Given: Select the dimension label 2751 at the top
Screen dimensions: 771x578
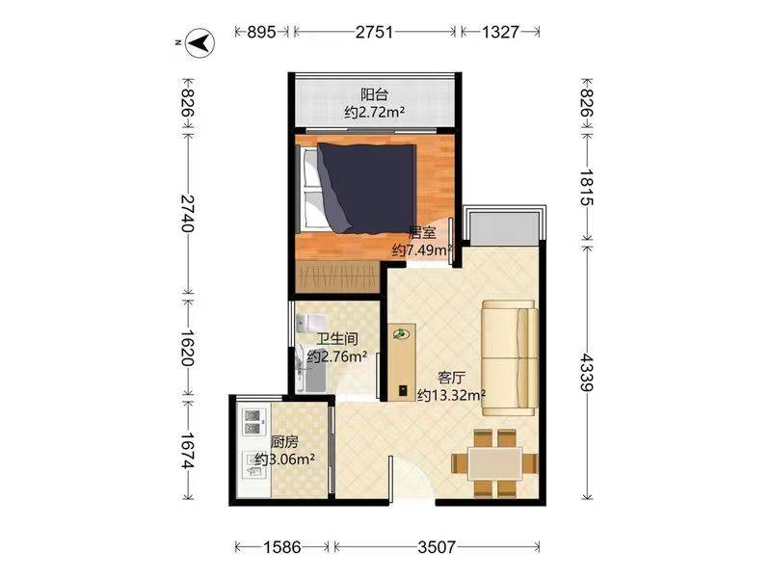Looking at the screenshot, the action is coord(375,32).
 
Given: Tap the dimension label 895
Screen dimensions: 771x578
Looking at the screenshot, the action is coord(261,32).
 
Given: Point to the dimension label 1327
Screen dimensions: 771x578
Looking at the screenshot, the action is coord(500,32).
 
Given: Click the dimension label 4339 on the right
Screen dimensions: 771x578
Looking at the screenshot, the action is coord(587,372).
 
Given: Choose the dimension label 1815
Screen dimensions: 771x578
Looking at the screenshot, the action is coord(587,187).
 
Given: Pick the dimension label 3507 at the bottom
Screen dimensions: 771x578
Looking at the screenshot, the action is coord(438,546).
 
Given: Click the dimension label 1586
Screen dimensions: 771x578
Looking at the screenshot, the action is coord(282,546).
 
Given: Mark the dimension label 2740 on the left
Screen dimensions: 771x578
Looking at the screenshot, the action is coord(187,213).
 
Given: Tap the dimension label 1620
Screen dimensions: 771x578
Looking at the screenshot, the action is coord(187,348).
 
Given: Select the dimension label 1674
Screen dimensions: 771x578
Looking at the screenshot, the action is coord(187,450).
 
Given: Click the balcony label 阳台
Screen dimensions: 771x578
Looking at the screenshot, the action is coord(374,94).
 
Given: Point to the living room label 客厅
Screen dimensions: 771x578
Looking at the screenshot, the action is coord(451,378).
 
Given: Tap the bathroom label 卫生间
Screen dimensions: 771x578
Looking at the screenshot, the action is coord(336,339).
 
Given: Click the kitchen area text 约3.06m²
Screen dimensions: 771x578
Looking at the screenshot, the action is coord(285,460).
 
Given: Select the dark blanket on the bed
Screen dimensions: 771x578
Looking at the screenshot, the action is coord(366,187).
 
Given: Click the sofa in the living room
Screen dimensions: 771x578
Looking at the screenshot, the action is coord(510,358).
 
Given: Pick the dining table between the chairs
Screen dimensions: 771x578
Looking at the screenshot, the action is coord(494,463).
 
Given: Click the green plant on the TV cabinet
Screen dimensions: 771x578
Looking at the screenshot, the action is coord(401,334).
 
